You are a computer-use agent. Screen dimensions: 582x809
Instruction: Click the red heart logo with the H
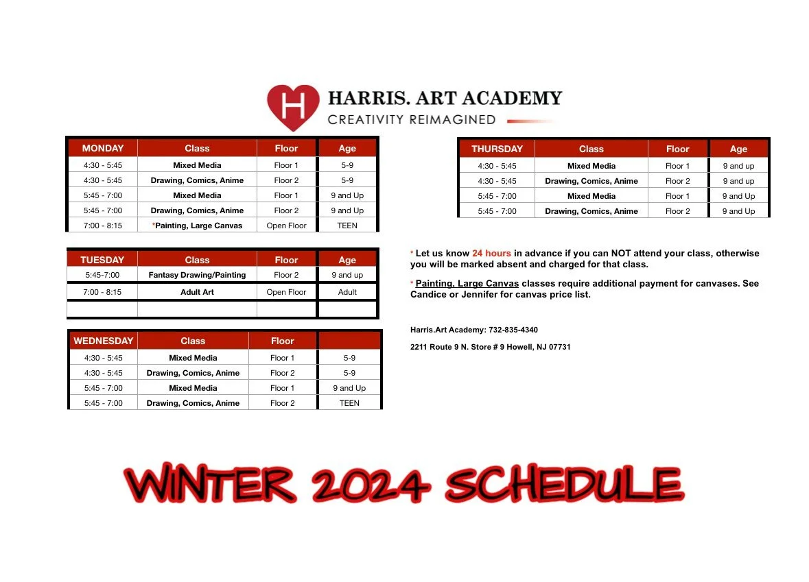[293, 106]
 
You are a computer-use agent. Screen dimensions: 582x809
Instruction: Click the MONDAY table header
[103, 148]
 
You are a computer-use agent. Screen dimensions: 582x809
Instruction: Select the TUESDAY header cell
[102, 260]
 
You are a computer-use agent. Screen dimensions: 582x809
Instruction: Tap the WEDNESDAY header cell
[104, 341]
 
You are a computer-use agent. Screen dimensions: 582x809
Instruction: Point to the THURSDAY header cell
[497, 149]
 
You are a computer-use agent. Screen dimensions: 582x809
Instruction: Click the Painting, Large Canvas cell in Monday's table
[198, 226]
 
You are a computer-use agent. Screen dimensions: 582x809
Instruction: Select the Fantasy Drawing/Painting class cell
[197, 275]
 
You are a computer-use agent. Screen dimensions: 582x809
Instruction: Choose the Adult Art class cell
[197, 292]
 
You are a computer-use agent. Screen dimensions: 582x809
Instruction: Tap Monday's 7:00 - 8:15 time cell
[103, 226]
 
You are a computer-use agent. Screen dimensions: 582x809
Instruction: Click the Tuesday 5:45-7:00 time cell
[102, 275]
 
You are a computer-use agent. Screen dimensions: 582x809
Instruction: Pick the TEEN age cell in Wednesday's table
[349, 403]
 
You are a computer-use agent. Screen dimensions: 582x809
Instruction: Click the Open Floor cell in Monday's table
[286, 226]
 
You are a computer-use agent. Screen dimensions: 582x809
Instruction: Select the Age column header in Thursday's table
[738, 149]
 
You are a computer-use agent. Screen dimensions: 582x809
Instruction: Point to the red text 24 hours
[491, 254]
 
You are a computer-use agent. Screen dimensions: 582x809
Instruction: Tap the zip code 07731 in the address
[559, 347]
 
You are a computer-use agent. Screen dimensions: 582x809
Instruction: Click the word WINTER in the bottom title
[210, 485]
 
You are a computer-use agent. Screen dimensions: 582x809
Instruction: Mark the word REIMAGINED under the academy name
[452, 120]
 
